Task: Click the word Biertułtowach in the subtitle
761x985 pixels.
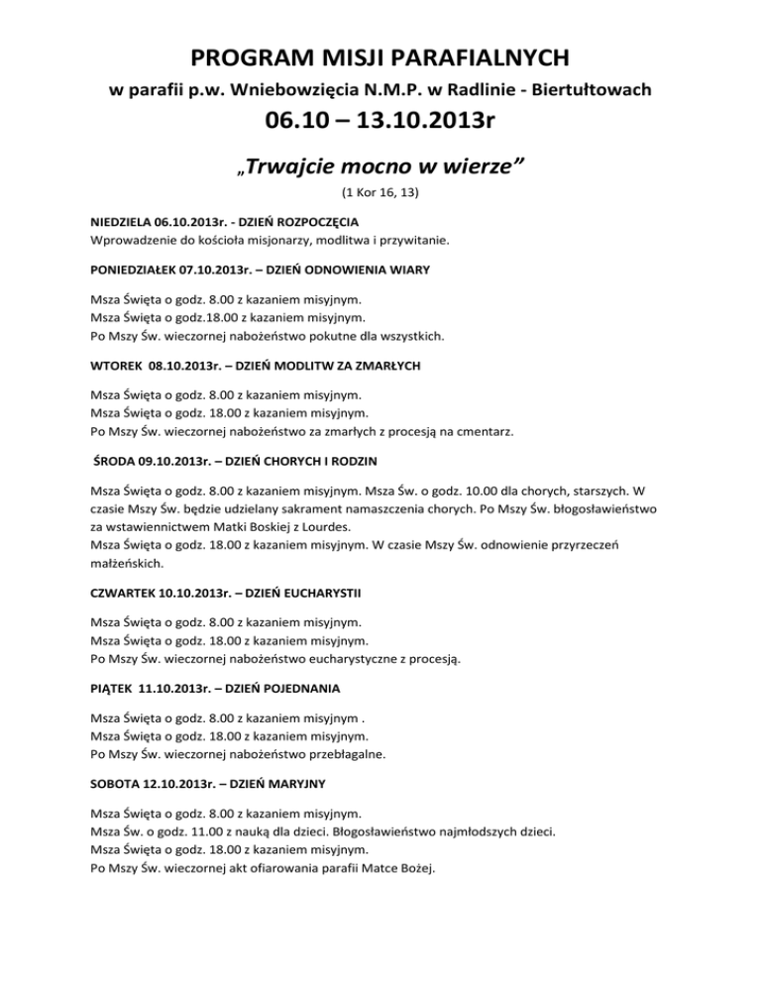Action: click(x=595, y=91)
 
